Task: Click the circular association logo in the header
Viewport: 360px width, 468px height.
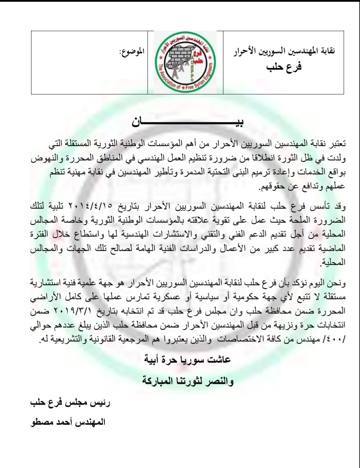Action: (x=185, y=62)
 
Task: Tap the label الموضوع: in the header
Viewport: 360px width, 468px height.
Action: (x=132, y=52)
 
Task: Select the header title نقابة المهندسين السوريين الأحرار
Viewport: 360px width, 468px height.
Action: (x=284, y=51)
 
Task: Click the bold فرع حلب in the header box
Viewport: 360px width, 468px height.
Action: (x=283, y=66)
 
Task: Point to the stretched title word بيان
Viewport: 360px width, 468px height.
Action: (x=187, y=123)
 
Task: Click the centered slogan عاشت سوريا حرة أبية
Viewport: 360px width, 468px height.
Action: (x=188, y=360)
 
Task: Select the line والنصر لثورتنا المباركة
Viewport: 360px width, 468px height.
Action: (x=188, y=381)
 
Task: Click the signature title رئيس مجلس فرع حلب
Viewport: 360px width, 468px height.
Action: (x=70, y=402)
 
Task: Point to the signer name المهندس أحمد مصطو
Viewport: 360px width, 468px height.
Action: (x=68, y=422)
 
